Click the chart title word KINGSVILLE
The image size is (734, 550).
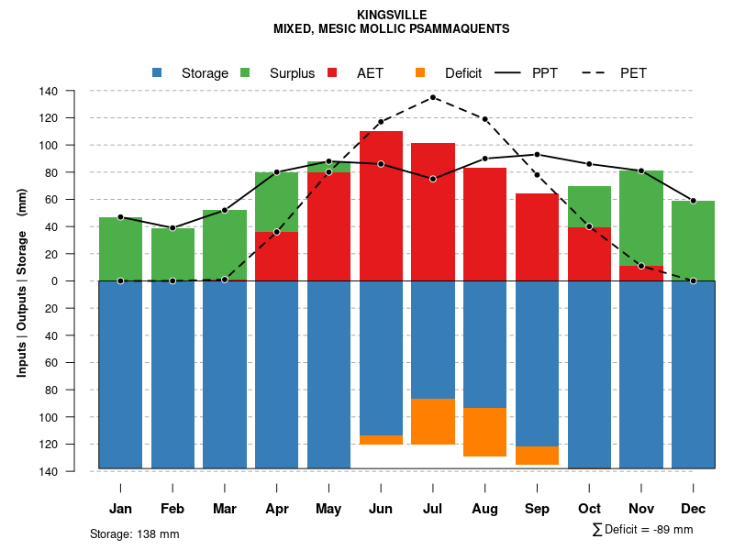[x=391, y=16]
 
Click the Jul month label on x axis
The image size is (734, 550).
[x=433, y=509]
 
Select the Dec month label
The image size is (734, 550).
[x=693, y=509]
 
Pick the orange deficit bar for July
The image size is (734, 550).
[x=433, y=422]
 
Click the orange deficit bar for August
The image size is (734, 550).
[x=484, y=432]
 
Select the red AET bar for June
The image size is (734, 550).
[x=381, y=206]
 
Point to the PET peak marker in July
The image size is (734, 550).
[x=433, y=97]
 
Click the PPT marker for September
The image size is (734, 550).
[x=537, y=155]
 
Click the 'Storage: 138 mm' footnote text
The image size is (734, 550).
[x=134, y=534]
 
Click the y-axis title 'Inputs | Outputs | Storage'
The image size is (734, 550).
[x=22, y=280]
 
